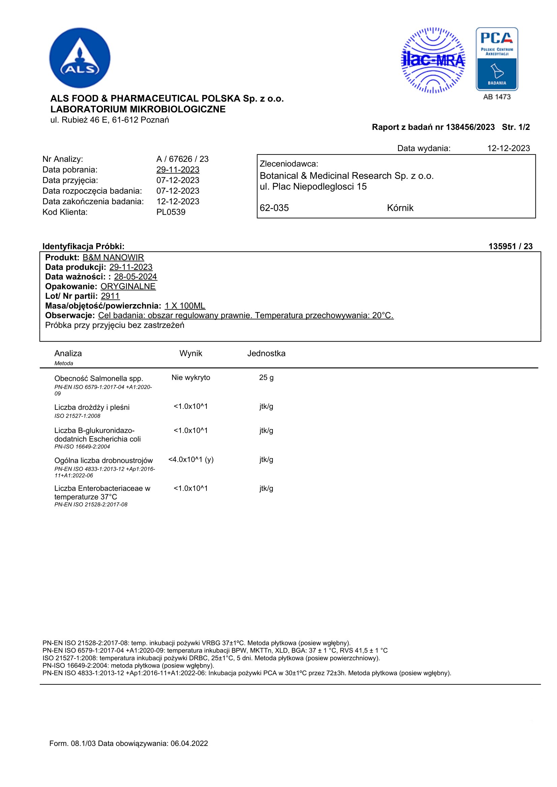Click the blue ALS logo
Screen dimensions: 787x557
79,58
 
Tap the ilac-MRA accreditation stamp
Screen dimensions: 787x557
433,60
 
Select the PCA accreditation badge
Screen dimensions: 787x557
497,59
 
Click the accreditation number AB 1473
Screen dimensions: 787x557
497,97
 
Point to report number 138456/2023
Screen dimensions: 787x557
470,127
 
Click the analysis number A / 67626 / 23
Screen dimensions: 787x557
183,159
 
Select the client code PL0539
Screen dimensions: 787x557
171,212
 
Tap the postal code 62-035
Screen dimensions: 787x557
274,208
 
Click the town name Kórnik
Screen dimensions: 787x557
400,208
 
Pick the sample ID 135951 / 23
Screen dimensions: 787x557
510,246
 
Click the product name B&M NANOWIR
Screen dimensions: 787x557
113,257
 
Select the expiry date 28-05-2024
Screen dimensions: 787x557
135,277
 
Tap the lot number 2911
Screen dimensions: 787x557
110,296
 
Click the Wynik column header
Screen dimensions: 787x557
191,353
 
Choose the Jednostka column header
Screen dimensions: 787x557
266,353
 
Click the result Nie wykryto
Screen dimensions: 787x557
191,378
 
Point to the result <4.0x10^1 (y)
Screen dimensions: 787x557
191,459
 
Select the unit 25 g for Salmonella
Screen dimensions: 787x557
266,378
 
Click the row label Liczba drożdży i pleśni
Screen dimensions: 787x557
92,407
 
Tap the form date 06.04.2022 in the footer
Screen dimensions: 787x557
189,744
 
